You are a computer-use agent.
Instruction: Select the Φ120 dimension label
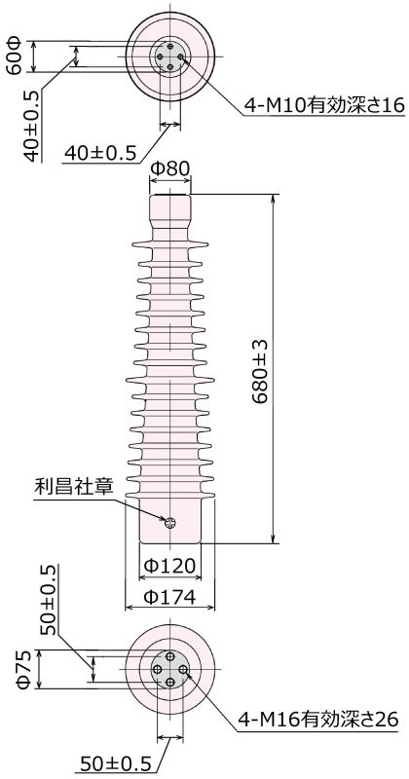click(170, 566)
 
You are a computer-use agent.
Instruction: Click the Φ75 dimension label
click(24, 670)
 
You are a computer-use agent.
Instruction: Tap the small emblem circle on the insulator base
click(170, 522)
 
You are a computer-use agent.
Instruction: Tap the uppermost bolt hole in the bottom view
click(170, 658)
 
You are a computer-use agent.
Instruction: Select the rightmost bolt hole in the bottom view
click(183, 671)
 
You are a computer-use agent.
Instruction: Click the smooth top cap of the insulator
click(169, 209)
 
